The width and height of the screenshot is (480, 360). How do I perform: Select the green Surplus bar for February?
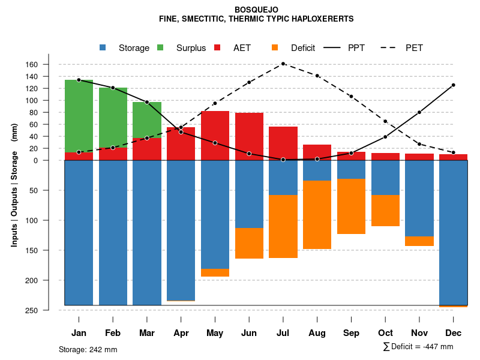click(x=113, y=117)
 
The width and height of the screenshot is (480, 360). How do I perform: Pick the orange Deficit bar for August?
click(x=317, y=215)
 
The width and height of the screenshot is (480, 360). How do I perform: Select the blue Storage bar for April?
click(x=181, y=230)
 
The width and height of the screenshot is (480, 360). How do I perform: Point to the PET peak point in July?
click(x=283, y=64)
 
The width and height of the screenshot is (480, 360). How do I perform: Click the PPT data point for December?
click(x=454, y=85)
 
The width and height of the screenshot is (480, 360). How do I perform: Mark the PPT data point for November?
click(x=419, y=112)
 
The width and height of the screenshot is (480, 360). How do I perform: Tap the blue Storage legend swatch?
click(x=103, y=48)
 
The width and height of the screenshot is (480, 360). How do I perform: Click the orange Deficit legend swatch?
click(x=275, y=48)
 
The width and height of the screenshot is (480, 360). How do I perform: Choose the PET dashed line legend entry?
click(x=401, y=48)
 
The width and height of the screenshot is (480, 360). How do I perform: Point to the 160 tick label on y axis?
click(x=49, y=65)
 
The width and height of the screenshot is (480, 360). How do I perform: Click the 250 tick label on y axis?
click(x=49, y=310)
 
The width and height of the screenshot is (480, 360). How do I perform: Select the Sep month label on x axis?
click(x=351, y=333)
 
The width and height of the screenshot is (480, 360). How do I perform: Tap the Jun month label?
click(x=249, y=333)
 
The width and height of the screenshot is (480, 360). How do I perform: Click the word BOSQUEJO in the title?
click(x=256, y=10)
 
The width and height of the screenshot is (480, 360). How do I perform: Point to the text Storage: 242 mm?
click(x=88, y=350)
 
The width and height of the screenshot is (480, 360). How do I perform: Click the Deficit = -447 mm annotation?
click(x=418, y=347)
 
